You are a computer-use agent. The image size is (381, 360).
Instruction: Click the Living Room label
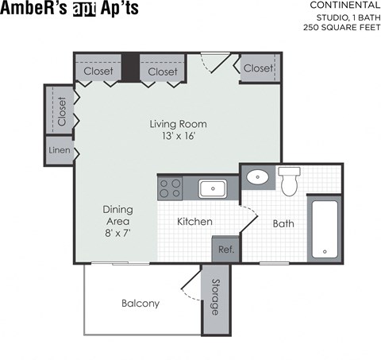point(179,124)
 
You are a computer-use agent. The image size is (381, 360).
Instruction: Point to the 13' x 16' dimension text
point(179,136)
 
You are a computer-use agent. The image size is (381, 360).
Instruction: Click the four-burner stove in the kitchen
point(170,188)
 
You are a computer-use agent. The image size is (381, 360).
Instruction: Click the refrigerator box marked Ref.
point(225,250)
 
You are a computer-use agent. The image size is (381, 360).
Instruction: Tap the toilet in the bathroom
point(289,181)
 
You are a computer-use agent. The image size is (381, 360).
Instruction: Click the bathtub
point(324,228)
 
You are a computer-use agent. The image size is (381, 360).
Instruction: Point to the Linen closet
point(58,150)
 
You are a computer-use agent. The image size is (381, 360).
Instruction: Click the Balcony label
point(140,303)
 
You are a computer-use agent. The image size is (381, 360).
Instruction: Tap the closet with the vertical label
point(60,111)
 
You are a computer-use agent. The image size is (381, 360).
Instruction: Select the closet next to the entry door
point(258,68)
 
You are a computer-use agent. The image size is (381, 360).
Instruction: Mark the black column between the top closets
point(131,68)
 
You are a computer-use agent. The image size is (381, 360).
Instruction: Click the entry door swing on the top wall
point(213,61)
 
